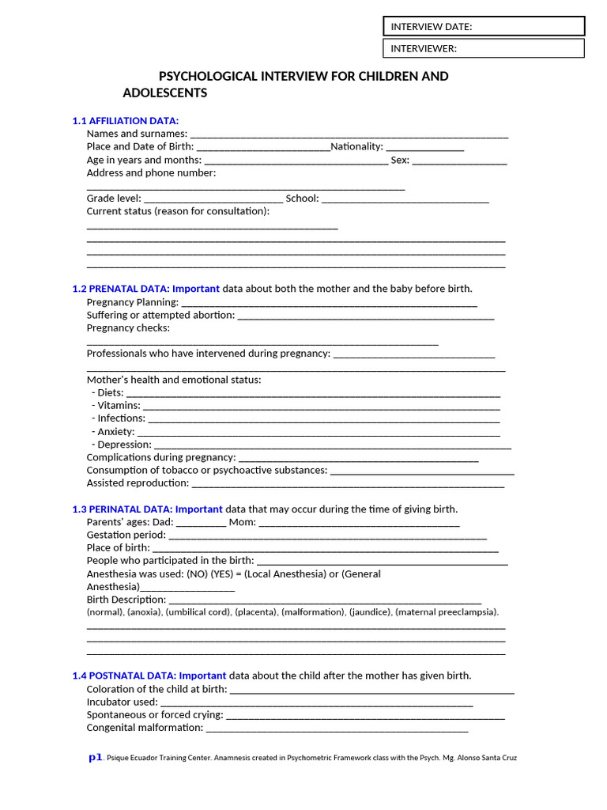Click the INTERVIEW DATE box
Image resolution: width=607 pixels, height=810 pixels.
click(x=484, y=27)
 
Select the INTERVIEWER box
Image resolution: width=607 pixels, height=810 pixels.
click(x=484, y=48)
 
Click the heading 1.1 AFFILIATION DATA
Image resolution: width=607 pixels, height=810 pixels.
click(x=120, y=121)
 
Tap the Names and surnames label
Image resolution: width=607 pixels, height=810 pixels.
click(x=137, y=134)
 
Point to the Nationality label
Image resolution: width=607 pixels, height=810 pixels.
click(x=356, y=146)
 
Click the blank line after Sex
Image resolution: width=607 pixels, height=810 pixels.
click(x=459, y=160)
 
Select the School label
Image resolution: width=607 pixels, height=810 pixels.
click(x=302, y=199)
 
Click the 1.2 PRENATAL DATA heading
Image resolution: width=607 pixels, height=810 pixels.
click(x=121, y=289)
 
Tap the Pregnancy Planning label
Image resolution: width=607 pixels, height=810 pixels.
click(x=132, y=302)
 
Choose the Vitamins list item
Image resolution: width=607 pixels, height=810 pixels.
click(x=118, y=406)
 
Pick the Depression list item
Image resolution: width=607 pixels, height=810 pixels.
click(x=123, y=445)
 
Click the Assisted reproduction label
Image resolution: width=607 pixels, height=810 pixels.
click(x=138, y=483)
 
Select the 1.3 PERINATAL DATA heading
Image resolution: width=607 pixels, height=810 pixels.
click(x=123, y=509)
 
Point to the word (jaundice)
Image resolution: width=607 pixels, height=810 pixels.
click(x=370, y=612)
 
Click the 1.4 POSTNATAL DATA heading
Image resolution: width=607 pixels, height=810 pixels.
click(x=124, y=676)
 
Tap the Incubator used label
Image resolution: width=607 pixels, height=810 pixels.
click(x=122, y=702)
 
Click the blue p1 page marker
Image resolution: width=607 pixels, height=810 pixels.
click(x=95, y=757)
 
